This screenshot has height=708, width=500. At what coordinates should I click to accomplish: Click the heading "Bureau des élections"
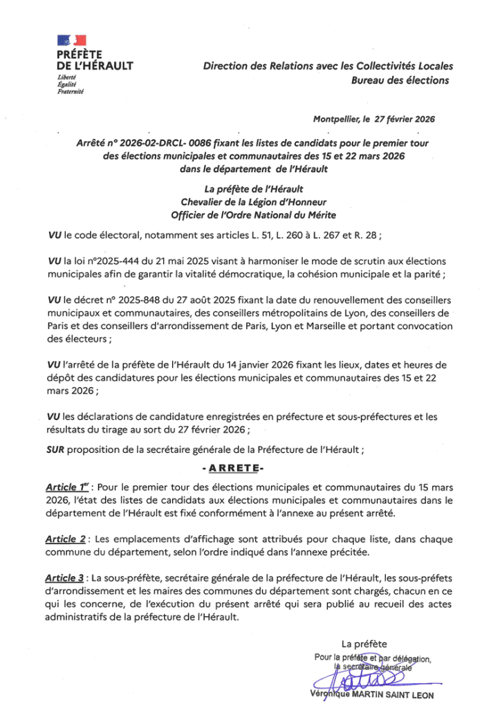pos(400,80)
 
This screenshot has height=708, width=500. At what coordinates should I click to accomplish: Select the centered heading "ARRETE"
pos(249,468)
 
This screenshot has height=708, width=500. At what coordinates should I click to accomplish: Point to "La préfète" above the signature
pos(364,643)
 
